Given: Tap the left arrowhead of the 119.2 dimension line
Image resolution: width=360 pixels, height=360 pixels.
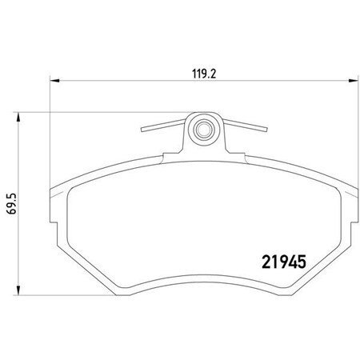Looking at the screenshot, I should click(54, 79).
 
